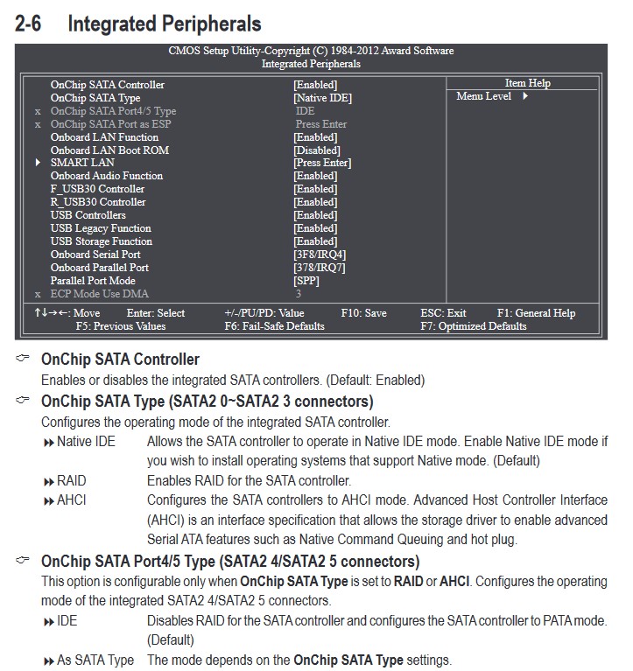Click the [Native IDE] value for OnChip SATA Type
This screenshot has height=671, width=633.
tap(322, 98)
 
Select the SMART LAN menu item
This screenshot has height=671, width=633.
tap(82, 163)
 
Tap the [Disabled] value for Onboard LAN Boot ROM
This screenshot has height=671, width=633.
tap(316, 150)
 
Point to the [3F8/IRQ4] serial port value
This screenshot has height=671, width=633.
tap(320, 255)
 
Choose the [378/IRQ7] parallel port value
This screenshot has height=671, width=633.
tap(320, 268)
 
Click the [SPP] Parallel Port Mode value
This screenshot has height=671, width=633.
tap(306, 281)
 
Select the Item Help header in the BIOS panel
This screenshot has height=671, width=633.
tap(527, 83)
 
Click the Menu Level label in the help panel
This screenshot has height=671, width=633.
tap(483, 96)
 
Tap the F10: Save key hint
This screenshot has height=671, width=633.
tap(363, 313)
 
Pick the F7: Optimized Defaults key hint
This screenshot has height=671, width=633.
tap(473, 326)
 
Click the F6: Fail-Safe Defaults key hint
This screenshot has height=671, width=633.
tap(274, 326)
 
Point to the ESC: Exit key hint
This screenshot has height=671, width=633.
tap(443, 313)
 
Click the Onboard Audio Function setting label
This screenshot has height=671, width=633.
tap(107, 176)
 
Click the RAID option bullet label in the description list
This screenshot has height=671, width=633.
tap(71, 480)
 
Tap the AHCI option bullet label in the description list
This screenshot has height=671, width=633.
tap(71, 500)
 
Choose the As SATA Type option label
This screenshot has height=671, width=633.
tap(95, 660)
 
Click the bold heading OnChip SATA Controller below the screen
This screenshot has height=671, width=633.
tap(120, 360)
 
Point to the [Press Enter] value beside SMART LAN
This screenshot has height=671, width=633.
tap(322, 163)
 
